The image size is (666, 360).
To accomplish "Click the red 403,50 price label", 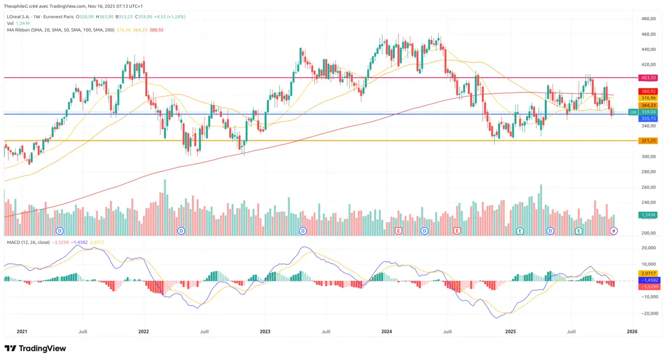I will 648,78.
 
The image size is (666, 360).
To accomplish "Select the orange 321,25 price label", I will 648,140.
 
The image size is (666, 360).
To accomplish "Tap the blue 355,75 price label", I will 648,119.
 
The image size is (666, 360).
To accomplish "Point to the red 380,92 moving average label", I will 648,91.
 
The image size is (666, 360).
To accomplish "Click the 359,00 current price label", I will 648,112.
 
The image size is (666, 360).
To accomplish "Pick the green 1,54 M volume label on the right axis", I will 648,214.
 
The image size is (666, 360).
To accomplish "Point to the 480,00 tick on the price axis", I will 648,19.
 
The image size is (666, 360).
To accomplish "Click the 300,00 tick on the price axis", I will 648,157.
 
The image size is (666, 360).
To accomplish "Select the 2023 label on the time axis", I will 265,331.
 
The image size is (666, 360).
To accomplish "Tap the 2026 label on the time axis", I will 632,331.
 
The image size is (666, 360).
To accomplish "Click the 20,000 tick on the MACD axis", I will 648,248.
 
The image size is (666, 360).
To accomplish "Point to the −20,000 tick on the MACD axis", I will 648,313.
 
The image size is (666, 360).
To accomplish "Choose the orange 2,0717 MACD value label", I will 648,273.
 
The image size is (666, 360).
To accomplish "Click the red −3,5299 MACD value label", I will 648,287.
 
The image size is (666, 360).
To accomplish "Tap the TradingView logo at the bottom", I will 35,349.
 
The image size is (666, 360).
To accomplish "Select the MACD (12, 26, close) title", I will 28,242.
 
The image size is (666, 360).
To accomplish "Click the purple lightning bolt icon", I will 613,230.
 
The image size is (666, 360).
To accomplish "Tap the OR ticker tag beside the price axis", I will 633,112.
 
